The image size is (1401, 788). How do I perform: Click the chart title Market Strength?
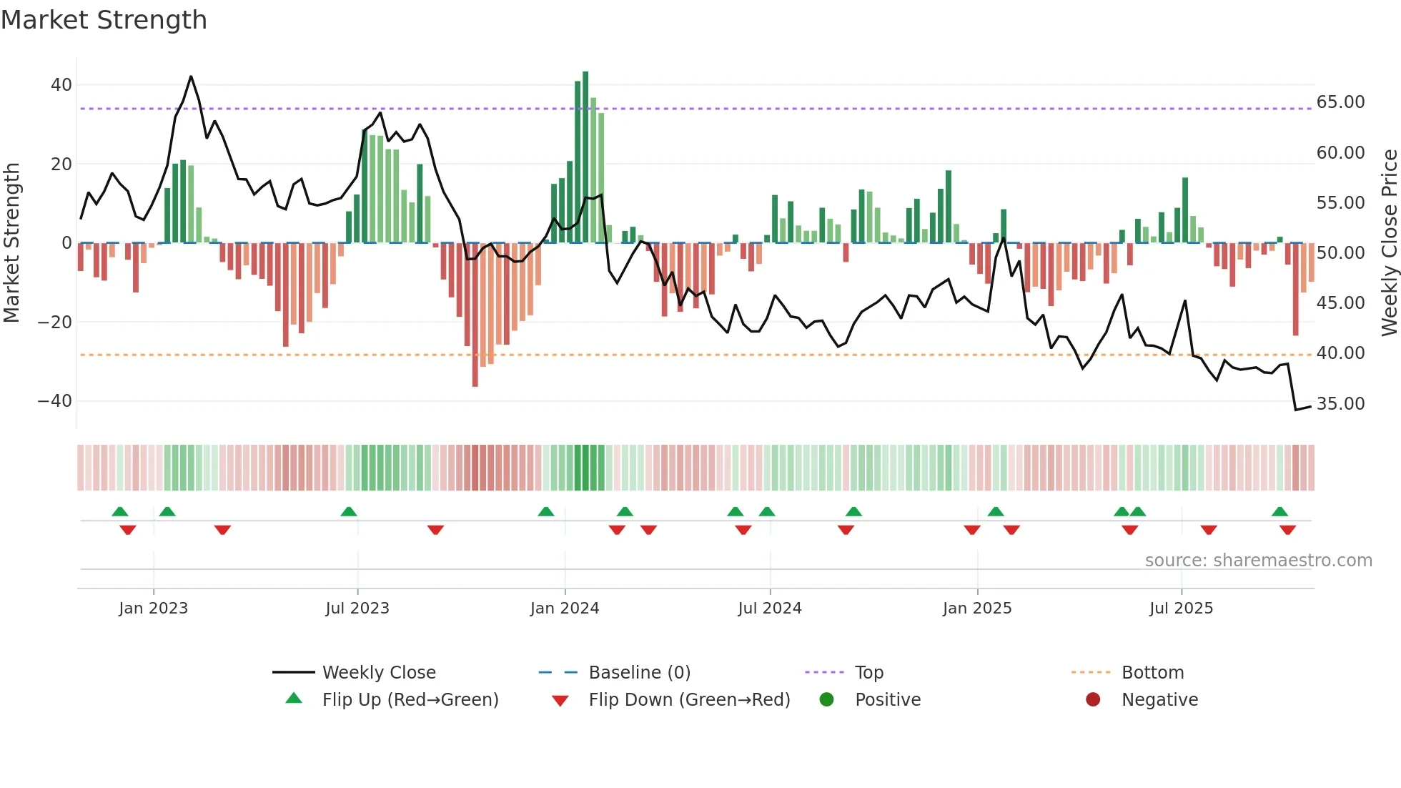(x=104, y=20)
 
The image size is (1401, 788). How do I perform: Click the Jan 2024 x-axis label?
(x=564, y=609)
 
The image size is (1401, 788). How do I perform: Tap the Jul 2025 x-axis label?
(x=1181, y=609)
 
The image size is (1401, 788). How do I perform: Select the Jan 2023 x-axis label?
(x=153, y=609)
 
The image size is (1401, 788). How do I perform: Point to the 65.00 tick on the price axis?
(x=1340, y=102)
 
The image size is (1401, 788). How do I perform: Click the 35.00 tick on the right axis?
(x=1340, y=404)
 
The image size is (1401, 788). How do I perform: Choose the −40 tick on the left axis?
(x=54, y=401)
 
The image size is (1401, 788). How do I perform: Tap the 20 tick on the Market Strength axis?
(x=61, y=164)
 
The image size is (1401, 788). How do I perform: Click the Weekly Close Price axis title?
(x=1389, y=243)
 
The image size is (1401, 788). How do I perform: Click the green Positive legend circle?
(x=827, y=700)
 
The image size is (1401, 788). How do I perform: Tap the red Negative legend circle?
(x=1093, y=700)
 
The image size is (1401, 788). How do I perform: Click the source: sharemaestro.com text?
(x=1258, y=561)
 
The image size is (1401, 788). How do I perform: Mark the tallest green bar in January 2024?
(x=585, y=157)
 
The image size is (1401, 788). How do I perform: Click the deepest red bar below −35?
(x=475, y=315)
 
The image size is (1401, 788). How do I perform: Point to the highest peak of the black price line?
(x=191, y=77)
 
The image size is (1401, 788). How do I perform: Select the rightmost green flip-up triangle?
(x=1279, y=511)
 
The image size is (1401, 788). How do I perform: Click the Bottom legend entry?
(x=1152, y=673)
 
